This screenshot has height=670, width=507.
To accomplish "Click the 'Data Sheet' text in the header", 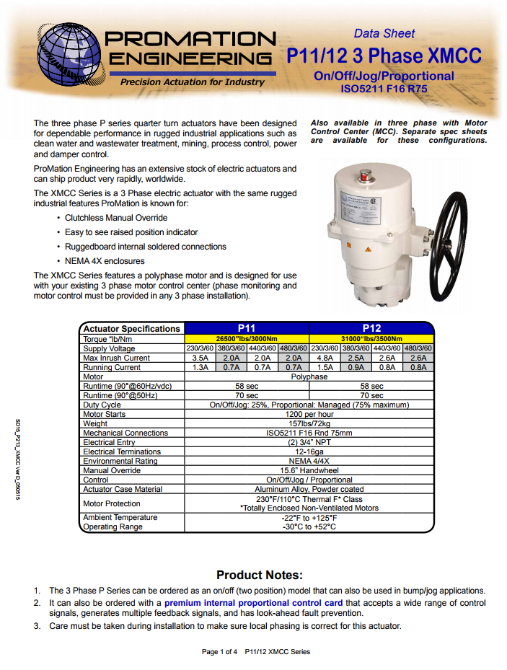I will (x=384, y=33).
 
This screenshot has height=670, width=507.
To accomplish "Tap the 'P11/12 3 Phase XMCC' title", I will (x=384, y=56).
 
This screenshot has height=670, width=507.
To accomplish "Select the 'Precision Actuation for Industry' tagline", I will (x=192, y=82).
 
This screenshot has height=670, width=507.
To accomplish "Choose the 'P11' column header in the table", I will (x=247, y=328).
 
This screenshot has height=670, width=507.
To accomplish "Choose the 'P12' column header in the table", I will (x=371, y=328).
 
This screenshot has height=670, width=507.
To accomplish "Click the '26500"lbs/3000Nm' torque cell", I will (x=247, y=339).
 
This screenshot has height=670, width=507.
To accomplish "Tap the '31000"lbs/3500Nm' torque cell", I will (x=371, y=339).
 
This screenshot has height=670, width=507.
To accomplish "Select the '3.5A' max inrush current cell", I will (x=200, y=358).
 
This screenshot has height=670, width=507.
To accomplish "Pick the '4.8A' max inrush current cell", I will (x=325, y=358).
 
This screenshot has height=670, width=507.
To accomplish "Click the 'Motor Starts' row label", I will (x=105, y=415).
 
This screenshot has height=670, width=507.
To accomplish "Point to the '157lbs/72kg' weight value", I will (x=309, y=424).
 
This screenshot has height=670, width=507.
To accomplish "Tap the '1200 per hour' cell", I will (x=309, y=415).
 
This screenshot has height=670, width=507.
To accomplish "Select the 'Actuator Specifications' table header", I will (x=131, y=329).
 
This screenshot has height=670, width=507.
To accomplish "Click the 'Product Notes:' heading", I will (x=259, y=575).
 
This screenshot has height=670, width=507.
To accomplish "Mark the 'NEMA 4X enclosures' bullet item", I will (x=105, y=261).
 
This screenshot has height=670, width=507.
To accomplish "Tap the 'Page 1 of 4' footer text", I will (x=220, y=652).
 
